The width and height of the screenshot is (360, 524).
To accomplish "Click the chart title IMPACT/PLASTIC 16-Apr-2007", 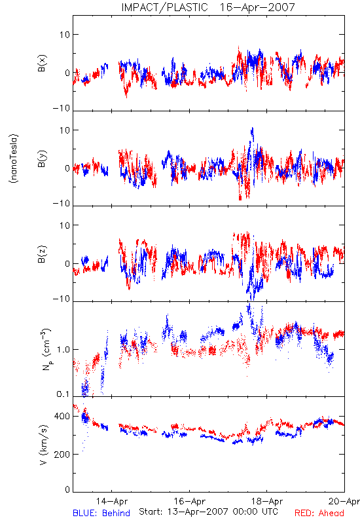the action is pyautogui.click(x=208, y=7).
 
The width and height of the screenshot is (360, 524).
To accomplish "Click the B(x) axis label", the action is pyautogui.click(x=42, y=63).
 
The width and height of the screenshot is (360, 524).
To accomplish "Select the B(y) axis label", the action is pyautogui.click(x=42, y=159).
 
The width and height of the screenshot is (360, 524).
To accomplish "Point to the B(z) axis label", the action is pyautogui.click(x=42, y=254).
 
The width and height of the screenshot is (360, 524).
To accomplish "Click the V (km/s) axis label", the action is pyautogui.click(x=43, y=445).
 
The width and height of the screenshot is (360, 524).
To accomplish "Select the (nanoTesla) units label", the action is pyautogui.click(x=14, y=159).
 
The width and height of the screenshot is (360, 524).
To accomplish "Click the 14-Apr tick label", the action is pyautogui.click(x=112, y=501).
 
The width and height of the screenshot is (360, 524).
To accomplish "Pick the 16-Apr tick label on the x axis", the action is pyautogui.click(x=190, y=501).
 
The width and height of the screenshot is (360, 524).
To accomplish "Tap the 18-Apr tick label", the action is pyautogui.click(x=267, y=501).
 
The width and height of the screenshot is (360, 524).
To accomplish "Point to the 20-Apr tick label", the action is pyautogui.click(x=344, y=501).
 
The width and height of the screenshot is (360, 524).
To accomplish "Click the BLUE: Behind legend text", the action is pyautogui.click(x=101, y=513).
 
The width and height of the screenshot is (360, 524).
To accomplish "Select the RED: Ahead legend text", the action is pyautogui.click(x=319, y=513).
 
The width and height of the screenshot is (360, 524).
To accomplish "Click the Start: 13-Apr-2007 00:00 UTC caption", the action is pyautogui.click(x=208, y=512).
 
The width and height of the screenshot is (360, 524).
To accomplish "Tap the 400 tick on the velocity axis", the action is pyautogui.click(x=62, y=416).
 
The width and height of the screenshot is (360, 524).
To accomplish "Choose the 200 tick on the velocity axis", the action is pyautogui.click(x=62, y=454).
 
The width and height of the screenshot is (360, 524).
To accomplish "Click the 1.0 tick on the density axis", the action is pyautogui.click(x=63, y=350).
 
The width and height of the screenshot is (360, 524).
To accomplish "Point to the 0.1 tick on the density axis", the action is pyautogui.click(x=63, y=394).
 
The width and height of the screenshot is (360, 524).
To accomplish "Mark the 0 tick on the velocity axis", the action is pyautogui.click(x=67, y=489).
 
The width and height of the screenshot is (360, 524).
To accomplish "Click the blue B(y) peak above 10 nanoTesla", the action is pyautogui.click(x=252, y=130).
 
